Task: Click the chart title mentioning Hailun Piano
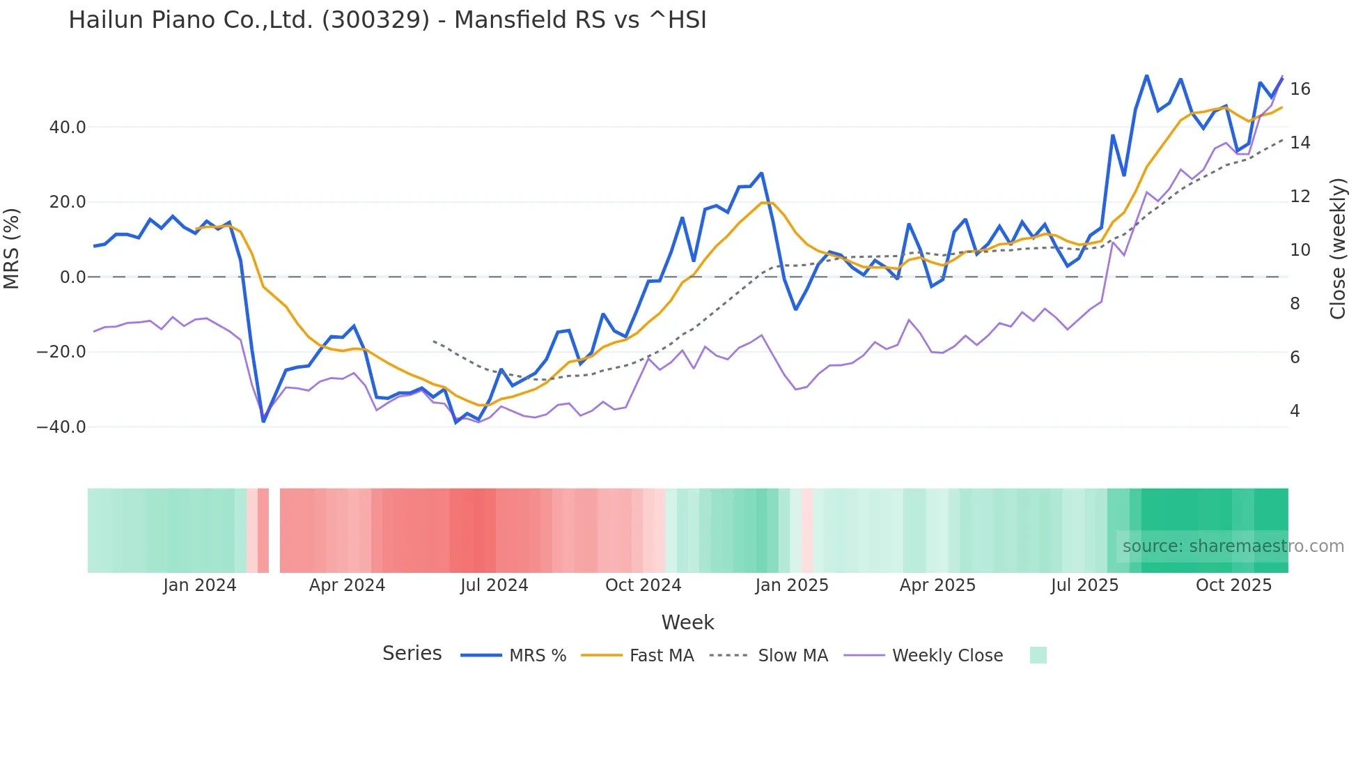387,20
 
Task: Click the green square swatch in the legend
1038,655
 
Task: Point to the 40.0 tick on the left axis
68,128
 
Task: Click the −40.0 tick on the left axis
61,427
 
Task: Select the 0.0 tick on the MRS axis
73,277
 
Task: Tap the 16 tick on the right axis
1300,89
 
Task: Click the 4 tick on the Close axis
1295,411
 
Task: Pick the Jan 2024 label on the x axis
200,585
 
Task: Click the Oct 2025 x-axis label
1233,585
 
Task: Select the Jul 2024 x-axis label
494,585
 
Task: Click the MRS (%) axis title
12,249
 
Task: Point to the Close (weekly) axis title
1338,249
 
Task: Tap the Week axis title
687,622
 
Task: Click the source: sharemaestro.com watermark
1233,546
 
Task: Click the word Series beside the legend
412,654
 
